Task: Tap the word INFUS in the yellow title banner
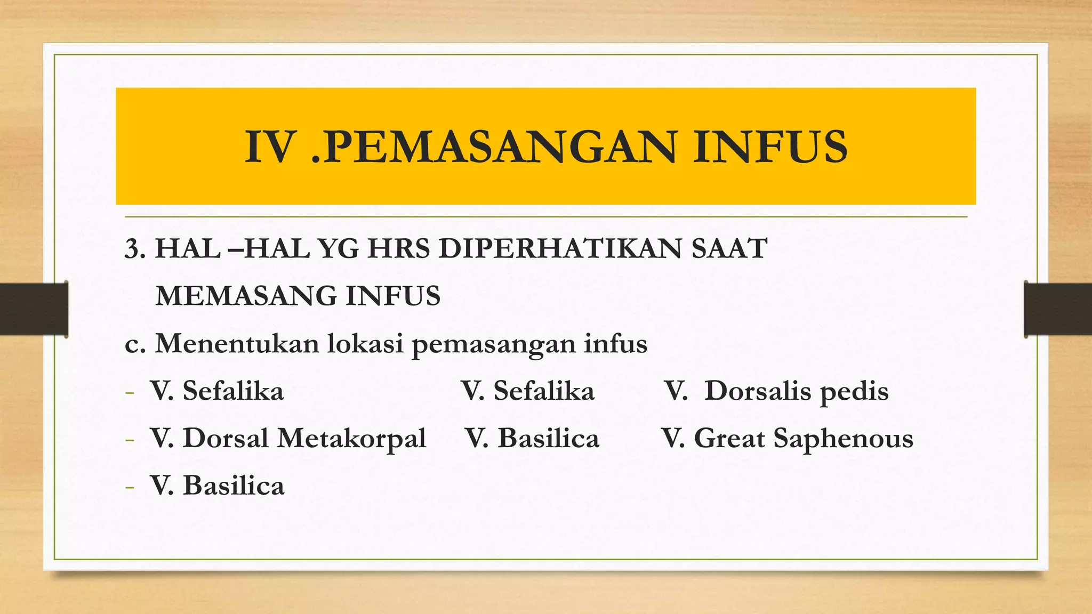tap(770, 147)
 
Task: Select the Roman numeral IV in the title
tap(270, 147)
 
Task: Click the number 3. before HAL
tap(135, 249)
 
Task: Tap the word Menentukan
tap(237, 343)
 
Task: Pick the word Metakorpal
tap(351, 439)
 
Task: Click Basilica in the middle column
tap(548, 439)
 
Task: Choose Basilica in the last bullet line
tap(234, 486)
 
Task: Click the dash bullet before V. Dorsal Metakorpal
tap(129, 440)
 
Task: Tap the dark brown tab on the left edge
tap(34, 309)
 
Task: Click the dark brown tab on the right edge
tap(1058, 309)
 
